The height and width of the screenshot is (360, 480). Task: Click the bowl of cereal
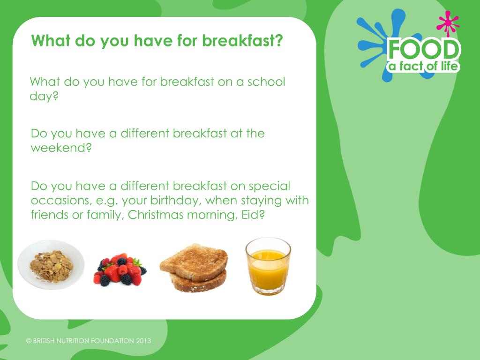coord(51,265)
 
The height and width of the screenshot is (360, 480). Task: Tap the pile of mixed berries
coord(120,270)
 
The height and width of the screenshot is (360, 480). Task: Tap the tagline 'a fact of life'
coord(423,66)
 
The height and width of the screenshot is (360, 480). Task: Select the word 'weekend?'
coord(61,148)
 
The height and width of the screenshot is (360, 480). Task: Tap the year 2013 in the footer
coord(143,341)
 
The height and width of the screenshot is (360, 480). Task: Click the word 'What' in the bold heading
coord(50,41)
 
